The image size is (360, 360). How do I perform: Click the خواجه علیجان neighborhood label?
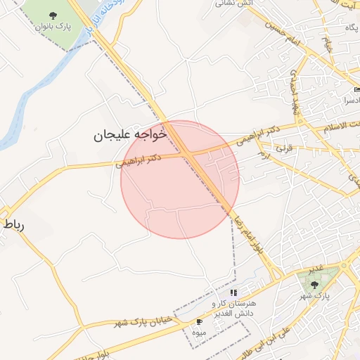(131, 134)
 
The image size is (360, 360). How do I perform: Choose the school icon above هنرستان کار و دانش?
(233, 292)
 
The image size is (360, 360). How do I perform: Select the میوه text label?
(199, 331)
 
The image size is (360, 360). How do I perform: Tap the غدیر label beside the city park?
(316, 269)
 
